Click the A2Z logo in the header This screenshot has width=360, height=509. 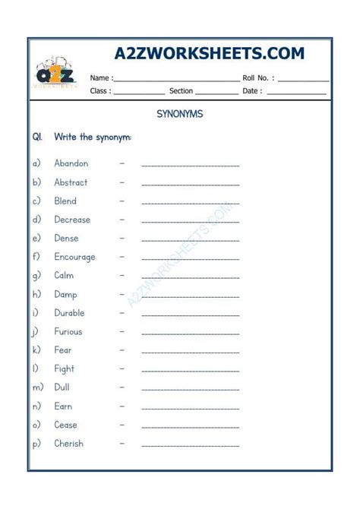coord(55,74)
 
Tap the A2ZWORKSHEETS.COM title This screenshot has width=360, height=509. coord(209,54)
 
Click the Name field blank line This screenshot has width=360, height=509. coord(177,79)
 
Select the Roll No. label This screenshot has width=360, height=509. coord(259,77)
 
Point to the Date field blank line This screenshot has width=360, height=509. coord(296,93)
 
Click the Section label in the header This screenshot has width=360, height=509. coord(181,91)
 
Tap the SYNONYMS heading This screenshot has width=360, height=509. coord(179,115)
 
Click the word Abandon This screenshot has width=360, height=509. coord(71,163)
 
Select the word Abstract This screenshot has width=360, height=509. coord(71,182)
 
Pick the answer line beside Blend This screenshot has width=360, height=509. coord(190,203)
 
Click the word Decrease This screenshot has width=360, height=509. coord(72,220)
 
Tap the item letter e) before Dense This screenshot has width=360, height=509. coord(36,239)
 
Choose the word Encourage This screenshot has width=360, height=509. coord(74,257)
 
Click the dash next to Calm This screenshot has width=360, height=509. coord(122,275)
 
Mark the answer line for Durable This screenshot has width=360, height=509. coord(190,315)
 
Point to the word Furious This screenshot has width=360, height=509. coord(68,331)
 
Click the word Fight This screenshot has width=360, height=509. coord(65,368)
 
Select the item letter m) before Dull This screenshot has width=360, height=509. coord(37,387)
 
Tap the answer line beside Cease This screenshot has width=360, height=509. coord(190,427)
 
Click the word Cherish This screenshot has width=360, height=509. coord(69,444)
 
